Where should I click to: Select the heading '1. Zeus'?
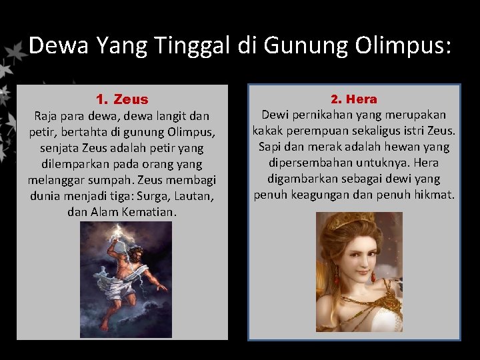point(122,100)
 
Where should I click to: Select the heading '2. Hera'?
point(354,99)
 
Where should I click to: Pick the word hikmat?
point(435,195)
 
